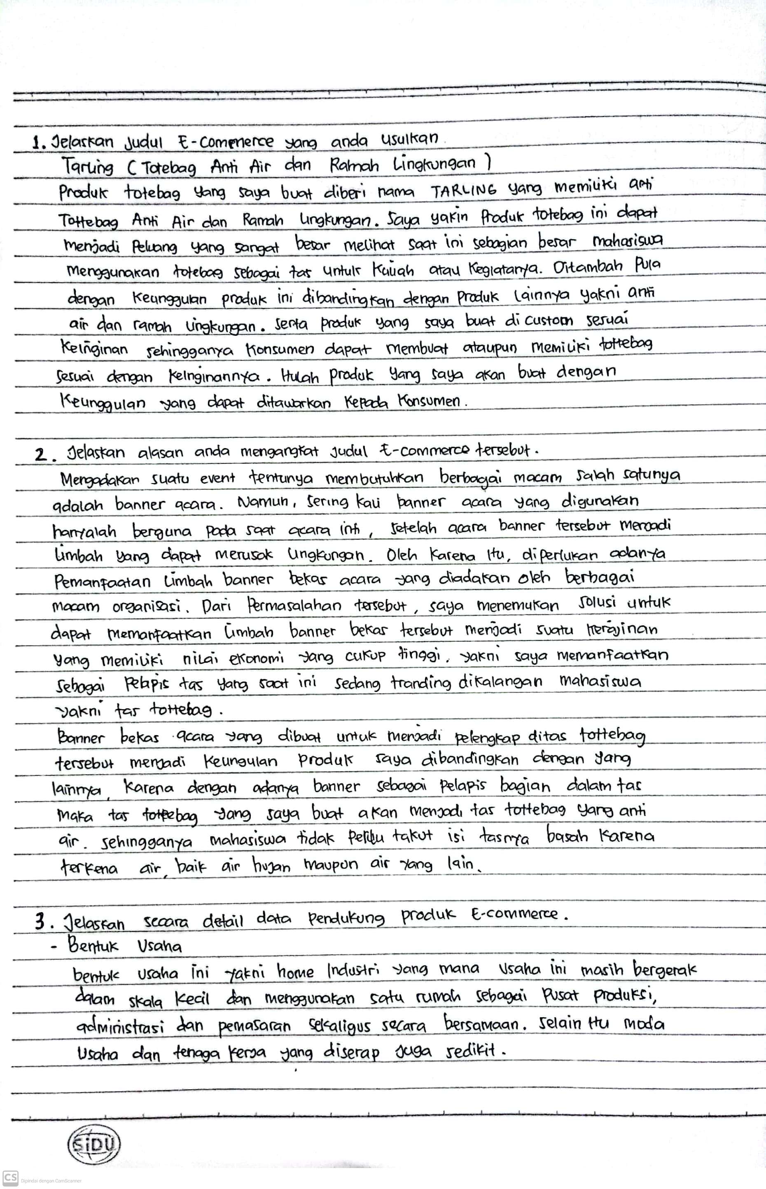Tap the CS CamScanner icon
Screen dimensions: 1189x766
pos(10,1177)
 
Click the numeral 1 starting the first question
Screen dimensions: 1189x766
pos(36,144)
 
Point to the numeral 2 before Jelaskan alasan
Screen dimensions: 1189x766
pos(41,455)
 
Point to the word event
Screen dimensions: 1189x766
pos(217,479)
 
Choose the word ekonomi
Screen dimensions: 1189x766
pos(256,659)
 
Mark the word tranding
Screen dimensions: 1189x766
pos(420,683)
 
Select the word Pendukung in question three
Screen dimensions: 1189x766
pos(346,918)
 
